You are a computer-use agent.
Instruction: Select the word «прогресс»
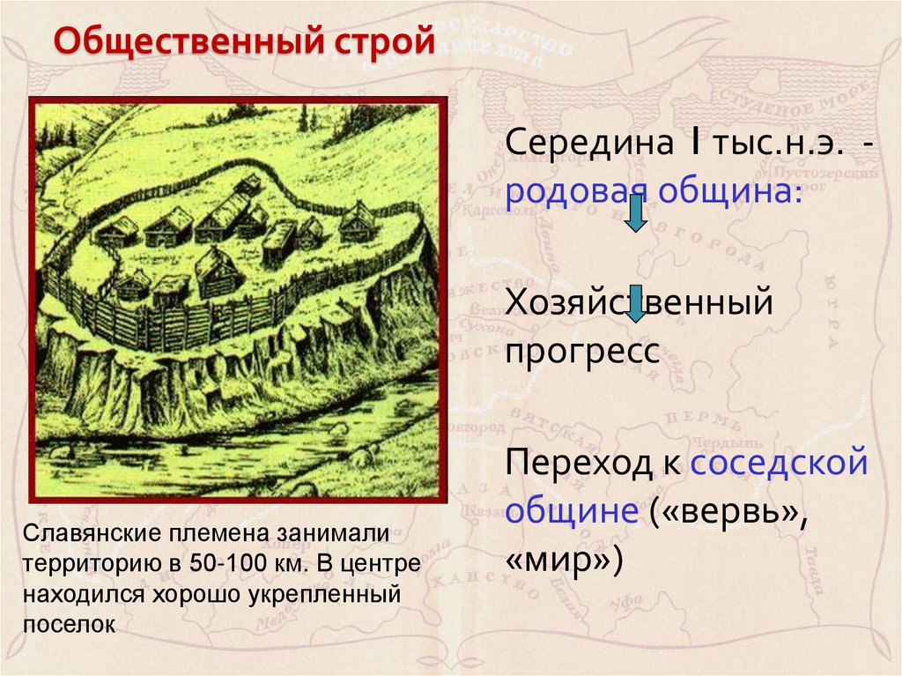tap(582, 352)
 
